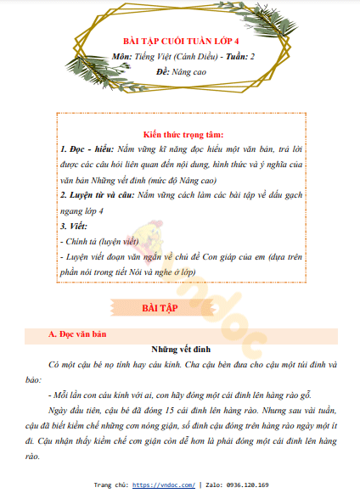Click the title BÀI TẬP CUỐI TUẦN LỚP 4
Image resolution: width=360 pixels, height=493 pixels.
click(181, 40)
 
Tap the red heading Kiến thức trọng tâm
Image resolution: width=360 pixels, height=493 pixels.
click(183, 134)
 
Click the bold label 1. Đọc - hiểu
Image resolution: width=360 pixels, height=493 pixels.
click(87, 148)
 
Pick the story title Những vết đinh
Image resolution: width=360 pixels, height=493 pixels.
click(179, 349)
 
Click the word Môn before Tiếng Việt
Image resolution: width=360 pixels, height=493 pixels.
click(121, 56)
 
